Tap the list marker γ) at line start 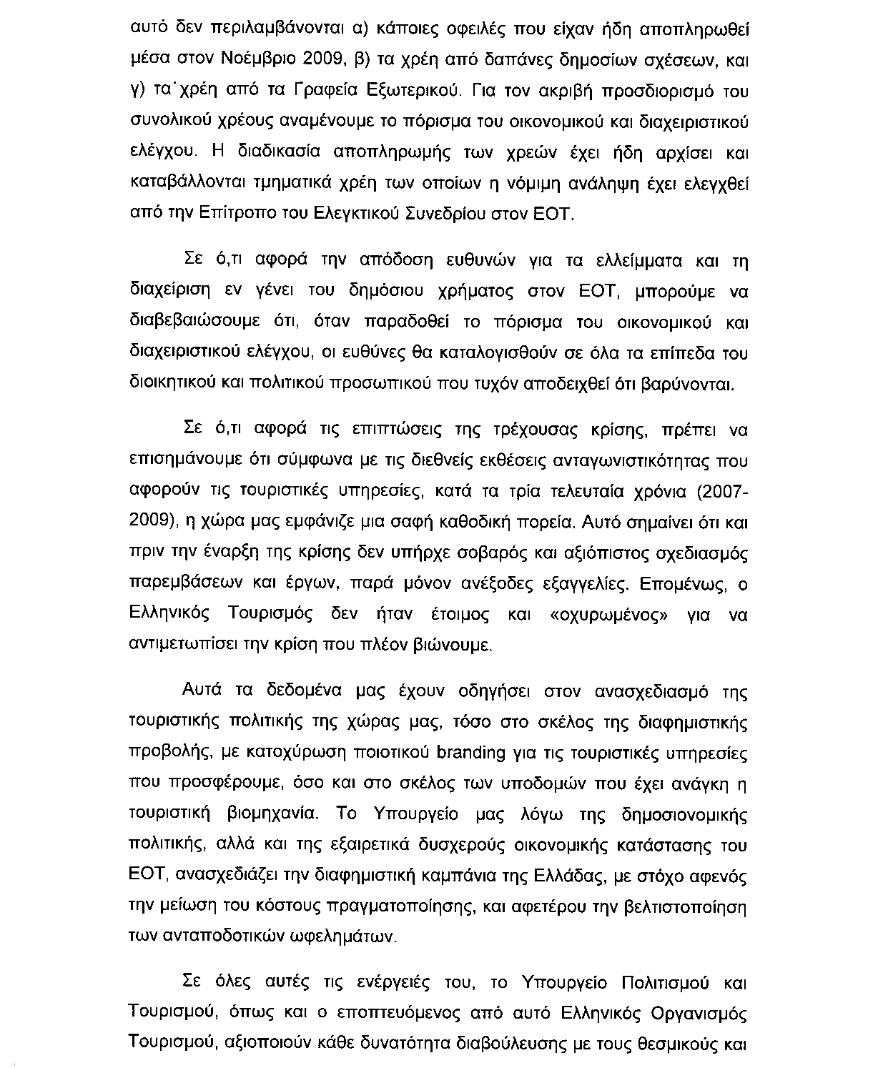(137, 92)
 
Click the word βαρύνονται (689, 385)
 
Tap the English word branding (469, 753)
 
